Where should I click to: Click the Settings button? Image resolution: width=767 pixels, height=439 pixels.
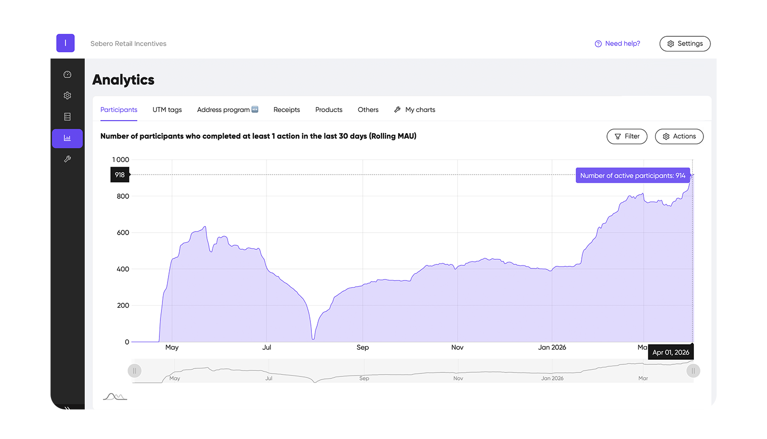685,44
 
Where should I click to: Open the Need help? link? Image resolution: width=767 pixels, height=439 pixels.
618,44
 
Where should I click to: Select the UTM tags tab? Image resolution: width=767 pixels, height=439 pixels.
167,110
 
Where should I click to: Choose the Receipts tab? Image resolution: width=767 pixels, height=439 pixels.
287,110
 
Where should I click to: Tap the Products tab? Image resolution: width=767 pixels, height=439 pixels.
328,110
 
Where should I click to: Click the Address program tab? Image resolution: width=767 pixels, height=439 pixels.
227,110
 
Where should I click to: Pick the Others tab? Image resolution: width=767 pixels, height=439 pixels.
368,110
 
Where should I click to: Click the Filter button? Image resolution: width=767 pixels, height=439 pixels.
627,137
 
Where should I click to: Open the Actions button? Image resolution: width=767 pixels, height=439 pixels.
679,137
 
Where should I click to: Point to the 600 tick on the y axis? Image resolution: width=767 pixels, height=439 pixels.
123,233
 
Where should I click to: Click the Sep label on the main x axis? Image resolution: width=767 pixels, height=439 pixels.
362,347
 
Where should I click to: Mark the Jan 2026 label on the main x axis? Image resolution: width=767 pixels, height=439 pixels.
552,347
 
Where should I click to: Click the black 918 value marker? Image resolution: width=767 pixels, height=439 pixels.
120,175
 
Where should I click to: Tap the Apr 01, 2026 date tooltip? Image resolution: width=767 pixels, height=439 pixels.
671,352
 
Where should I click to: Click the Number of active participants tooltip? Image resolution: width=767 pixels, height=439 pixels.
632,176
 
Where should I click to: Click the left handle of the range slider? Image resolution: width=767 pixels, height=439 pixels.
134,371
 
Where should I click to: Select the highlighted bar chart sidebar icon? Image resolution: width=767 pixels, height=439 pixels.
67,138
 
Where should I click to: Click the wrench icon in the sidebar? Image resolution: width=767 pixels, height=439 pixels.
67,159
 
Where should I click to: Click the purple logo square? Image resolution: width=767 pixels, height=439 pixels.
66,43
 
